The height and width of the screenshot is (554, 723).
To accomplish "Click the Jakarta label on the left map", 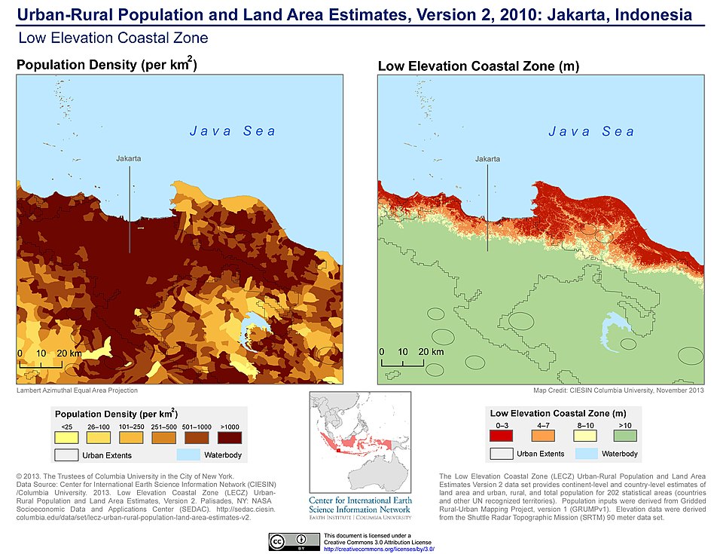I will [x=129, y=159].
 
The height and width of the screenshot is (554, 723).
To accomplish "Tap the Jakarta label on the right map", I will [x=487, y=159].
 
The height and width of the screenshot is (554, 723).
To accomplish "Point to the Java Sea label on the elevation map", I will [x=591, y=132].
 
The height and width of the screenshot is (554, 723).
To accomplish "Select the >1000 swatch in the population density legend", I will [x=230, y=438].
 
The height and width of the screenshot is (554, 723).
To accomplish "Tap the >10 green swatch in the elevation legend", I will [x=624, y=435].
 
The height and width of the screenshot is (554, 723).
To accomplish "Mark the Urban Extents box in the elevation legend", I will [x=502, y=454].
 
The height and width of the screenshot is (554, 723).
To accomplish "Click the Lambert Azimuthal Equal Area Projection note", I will [x=77, y=390].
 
